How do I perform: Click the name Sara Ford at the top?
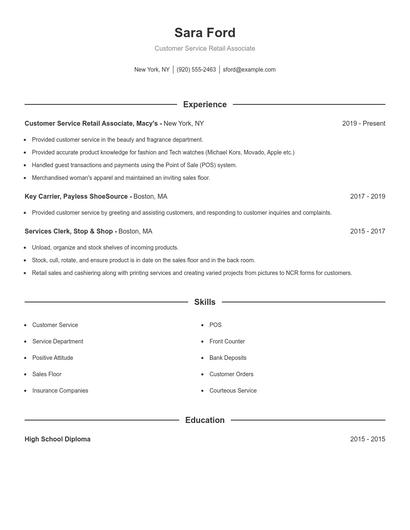(204, 32)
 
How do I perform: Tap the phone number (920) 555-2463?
(197, 70)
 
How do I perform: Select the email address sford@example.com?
(249, 70)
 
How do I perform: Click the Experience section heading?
(204, 104)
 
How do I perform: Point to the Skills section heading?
(204, 301)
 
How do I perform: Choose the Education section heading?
(204, 420)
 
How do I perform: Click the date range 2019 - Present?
(363, 123)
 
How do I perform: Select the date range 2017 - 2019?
(367, 197)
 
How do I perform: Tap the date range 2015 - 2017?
(367, 231)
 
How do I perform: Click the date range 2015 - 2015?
(367, 439)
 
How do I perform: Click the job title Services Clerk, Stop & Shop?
(69, 231)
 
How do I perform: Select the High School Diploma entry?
(57, 439)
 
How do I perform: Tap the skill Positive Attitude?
(54, 358)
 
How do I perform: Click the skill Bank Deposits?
(228, 358)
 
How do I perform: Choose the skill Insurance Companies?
(60, 390)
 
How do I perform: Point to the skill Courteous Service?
(233, 390)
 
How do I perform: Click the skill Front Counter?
(227, 341)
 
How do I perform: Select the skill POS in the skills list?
(215, 325)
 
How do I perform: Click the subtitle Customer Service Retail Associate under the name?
(204, 48)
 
